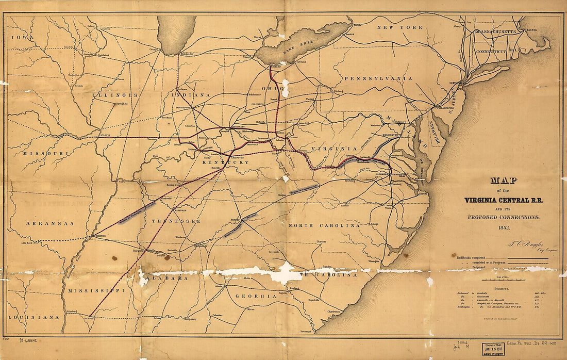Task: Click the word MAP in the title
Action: pyautogui.click(x=503, y=181)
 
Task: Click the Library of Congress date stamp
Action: pyautogui.click(x=493, y=349)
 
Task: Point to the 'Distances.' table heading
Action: pyautogui.click(x=502, y=289)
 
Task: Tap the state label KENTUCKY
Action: pyautogui.click(x=225, y=162)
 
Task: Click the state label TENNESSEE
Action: pyautogui.click(x=175, y=221)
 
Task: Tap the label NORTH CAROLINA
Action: pyautogui.click(x=324, y=225)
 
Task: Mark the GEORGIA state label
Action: pyautogui.click(x=256, y=296)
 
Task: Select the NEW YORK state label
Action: pyautogui.click(x=399, y=27)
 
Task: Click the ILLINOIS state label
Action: pyautogui.click(x=115, y=95)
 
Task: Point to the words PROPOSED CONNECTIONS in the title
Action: pyautogui.click(x=503, y=217)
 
